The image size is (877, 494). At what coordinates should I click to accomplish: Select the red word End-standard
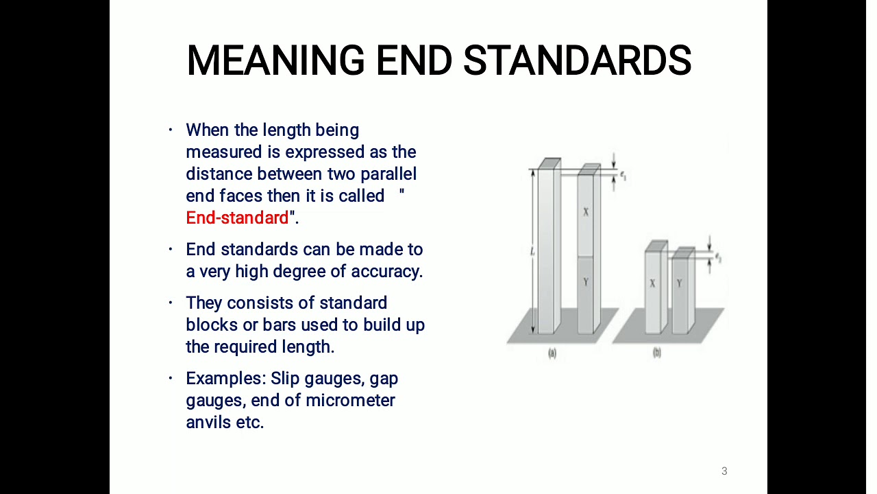tap(237, 218)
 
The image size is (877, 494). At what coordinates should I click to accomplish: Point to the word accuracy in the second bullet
tap(386, 272)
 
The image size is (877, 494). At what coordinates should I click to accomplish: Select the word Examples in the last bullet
tap(225, 379)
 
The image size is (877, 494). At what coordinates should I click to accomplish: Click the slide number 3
tap(724, 471)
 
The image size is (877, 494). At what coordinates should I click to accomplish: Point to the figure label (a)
tap(552, 353)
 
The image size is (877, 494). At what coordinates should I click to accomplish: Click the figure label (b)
tap(657, 353)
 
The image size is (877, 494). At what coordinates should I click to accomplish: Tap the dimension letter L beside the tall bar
tap(532, 252)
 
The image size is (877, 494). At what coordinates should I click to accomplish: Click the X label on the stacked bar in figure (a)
tap(586, 212)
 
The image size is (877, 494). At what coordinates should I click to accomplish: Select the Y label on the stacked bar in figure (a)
tap(586, 282)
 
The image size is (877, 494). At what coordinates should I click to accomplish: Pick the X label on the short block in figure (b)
tap(652, 283)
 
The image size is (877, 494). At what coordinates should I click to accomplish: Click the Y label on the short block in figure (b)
tap(679, 283)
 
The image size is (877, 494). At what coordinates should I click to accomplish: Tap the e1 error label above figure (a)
tap(623, 175)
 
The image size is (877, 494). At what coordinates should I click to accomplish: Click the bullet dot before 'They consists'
tap(171, 303)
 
